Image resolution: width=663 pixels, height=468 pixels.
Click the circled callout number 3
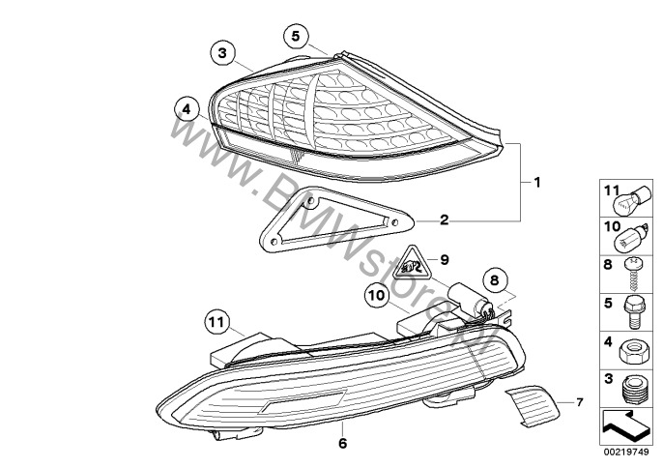point(222,53)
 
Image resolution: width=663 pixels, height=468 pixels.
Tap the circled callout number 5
point(296,36)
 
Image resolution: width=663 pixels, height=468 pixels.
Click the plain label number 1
point(537,183)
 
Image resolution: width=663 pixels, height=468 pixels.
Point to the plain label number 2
point(444,219)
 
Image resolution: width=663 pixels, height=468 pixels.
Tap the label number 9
point(444,259)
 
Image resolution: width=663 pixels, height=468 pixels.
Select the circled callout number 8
point(494,280)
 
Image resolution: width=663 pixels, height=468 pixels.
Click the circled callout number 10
point(377,295)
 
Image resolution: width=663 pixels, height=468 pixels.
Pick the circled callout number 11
point(217,322)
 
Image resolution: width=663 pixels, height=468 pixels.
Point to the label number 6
point(342,443)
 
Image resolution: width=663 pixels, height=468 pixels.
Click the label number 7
point(579,402)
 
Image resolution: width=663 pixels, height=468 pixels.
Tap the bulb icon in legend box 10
point(631,240)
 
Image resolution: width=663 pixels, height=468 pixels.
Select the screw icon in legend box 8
point(633,274)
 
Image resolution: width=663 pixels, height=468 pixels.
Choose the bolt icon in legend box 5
point(633,312)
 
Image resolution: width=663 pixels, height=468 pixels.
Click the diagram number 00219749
point(626,453)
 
